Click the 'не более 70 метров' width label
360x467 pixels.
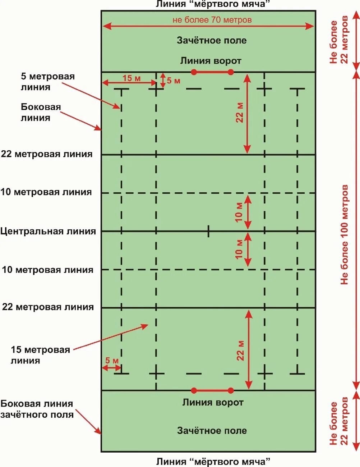tap(212, 20)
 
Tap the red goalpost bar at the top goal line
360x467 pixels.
tap(212, 72)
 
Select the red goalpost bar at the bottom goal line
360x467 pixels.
tap(212, 390)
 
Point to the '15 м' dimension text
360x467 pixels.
tap(131, 78)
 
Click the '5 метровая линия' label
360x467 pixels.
tap(47, 82)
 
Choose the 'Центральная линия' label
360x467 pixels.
tap(48, 231)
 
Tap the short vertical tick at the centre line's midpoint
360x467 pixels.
tap(208, 231)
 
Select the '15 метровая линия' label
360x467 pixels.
tap(40, 355)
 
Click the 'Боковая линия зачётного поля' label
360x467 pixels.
tap(37, 409)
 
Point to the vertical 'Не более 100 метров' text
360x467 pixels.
tap(345, 235)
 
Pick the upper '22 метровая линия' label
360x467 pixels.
tap(47, 154)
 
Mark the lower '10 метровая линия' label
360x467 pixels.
tap(47, 270)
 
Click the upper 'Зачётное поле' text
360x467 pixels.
tap(212, 40)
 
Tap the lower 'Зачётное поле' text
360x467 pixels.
tap(212, 430)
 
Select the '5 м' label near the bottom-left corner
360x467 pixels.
tap(112, 361)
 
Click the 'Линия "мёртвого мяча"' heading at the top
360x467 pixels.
tap(213, 4)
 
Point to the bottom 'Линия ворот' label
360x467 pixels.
tap(213, 402)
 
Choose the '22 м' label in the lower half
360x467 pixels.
tap(240, 351)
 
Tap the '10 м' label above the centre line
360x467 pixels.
tap(239, 212)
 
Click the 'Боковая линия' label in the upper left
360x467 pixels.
tap(41, 112)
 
